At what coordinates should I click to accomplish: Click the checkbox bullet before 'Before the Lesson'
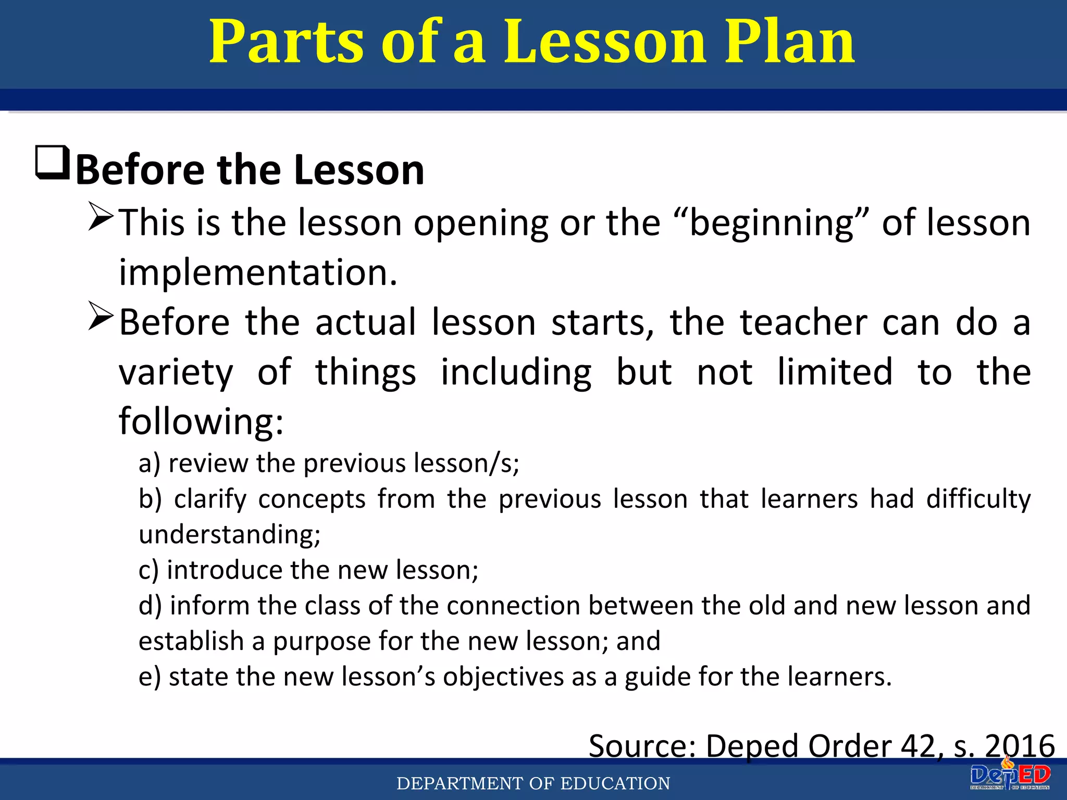(52, 163)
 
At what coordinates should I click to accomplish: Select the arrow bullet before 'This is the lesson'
(101, 217)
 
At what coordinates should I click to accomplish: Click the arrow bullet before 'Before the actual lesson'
(101, 316)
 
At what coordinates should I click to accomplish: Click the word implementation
(258, 273)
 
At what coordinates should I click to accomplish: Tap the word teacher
(804, 322)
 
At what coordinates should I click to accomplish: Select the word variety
(176, 373)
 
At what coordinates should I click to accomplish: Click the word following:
(201, 422)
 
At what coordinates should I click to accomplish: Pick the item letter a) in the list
(149, 464)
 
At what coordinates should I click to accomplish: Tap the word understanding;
(229, 535)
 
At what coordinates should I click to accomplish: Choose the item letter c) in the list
(148, 570)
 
